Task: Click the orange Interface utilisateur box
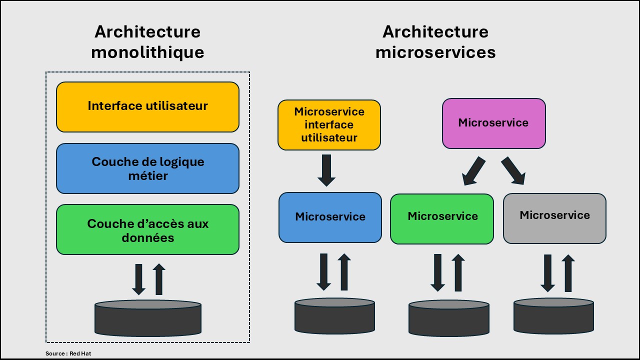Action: coord(147,107)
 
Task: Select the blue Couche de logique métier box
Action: coord(147,168)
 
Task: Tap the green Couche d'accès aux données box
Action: coord(147,229)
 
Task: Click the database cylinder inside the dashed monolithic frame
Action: coord(148,318)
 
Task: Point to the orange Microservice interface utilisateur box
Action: coord(329,125)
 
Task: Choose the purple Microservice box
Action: coord(493,123)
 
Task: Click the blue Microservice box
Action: coord(330,217)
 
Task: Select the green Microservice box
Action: coord(442,218)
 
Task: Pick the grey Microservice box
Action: coord(554,218)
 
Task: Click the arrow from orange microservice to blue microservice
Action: coord(326,170)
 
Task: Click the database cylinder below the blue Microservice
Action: coord(334,316)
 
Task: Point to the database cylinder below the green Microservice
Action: coord(448,318)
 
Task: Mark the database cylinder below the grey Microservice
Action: coord(553,316)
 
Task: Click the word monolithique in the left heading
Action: coord(147,52)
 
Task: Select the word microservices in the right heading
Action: coord(435,52)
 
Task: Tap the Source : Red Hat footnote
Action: coord(68,353)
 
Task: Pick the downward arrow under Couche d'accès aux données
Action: coord(138,279)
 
